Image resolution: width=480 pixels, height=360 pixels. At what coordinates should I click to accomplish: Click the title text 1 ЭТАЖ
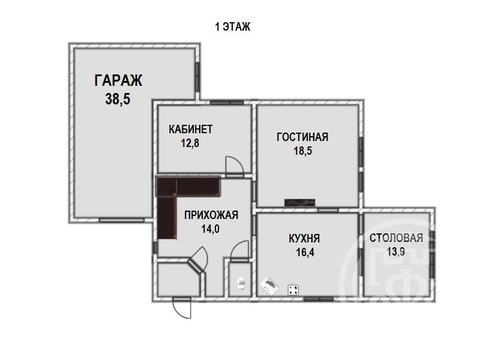click(x=233, y=27)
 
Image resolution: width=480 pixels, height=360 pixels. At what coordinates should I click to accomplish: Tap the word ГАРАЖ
click(x=118, y=81)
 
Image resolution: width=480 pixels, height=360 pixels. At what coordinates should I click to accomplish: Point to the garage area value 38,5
click(x=118, y=99)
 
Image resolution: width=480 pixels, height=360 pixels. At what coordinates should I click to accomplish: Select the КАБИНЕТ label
click(x=190, y=129)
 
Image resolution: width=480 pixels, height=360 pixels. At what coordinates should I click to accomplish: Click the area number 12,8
click(x=190, y=143)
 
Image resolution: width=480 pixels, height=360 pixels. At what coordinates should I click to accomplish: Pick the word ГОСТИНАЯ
click(x=302, y=137)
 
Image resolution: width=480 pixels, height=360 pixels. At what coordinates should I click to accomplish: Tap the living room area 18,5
click(x=303, y=151)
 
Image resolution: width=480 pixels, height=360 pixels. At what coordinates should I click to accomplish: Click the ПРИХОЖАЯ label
click(x=211, y=215)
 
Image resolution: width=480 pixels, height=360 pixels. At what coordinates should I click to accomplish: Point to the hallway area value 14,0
click(x=211, y=229)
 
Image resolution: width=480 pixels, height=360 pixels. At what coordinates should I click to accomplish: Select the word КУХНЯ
click(x=304, y=238)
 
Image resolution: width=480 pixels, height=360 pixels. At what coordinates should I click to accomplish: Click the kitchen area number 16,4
click(x=305, y=252)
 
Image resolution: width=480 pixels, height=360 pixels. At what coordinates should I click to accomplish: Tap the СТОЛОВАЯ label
click(x=396, y=238)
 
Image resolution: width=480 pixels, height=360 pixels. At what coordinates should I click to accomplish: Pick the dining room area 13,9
click(x=395, y=251)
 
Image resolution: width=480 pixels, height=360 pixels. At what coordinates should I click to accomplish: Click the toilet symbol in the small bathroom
click(x=241, y=283)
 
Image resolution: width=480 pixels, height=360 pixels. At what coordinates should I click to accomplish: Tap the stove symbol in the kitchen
click(x=293, y=290)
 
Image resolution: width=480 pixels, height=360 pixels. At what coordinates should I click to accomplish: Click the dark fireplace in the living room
click(x=299, y=203)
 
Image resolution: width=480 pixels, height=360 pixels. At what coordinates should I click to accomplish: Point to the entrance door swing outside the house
click(x=182, y=308)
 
